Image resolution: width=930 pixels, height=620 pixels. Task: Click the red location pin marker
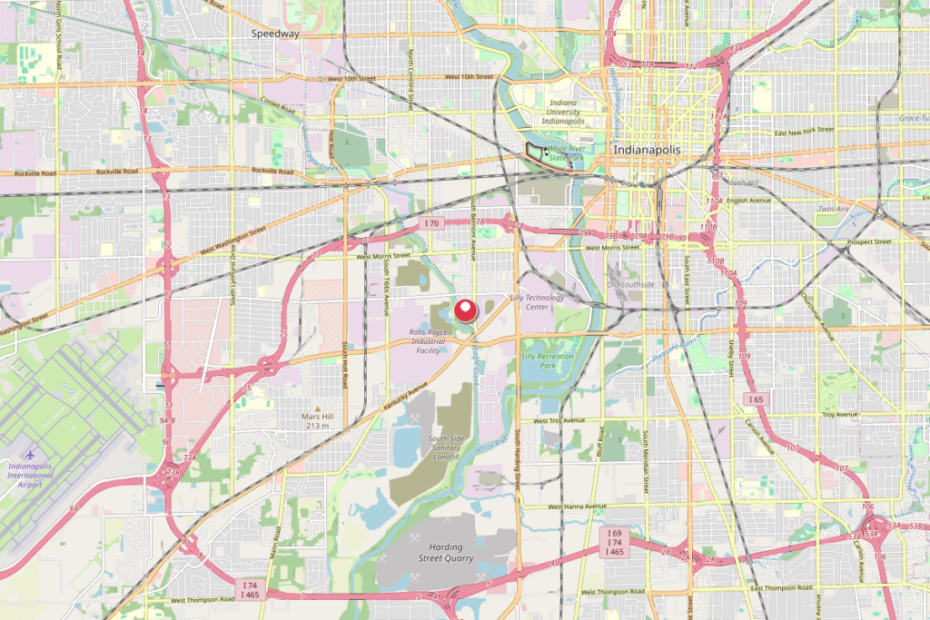(466, 310)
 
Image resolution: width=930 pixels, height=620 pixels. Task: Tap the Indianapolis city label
(648, 149)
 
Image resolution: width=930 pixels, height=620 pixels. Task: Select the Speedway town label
(276, 34)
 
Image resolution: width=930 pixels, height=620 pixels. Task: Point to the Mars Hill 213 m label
(318, 419)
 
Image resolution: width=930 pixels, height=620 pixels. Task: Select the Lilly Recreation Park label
(548, 360)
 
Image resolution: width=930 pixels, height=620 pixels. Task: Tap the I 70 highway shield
(430, 223)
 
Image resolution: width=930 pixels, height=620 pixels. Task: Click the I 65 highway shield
(755, 399)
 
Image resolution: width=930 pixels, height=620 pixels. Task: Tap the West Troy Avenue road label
(559, 421)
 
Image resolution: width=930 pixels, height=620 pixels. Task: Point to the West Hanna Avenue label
(577, 506)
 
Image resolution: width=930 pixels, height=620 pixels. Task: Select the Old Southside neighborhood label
(630, 284)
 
